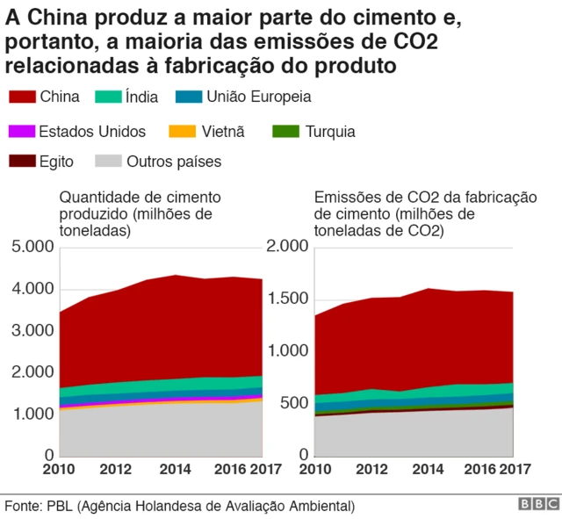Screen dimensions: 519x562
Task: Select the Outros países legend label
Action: (x=174, y=161)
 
